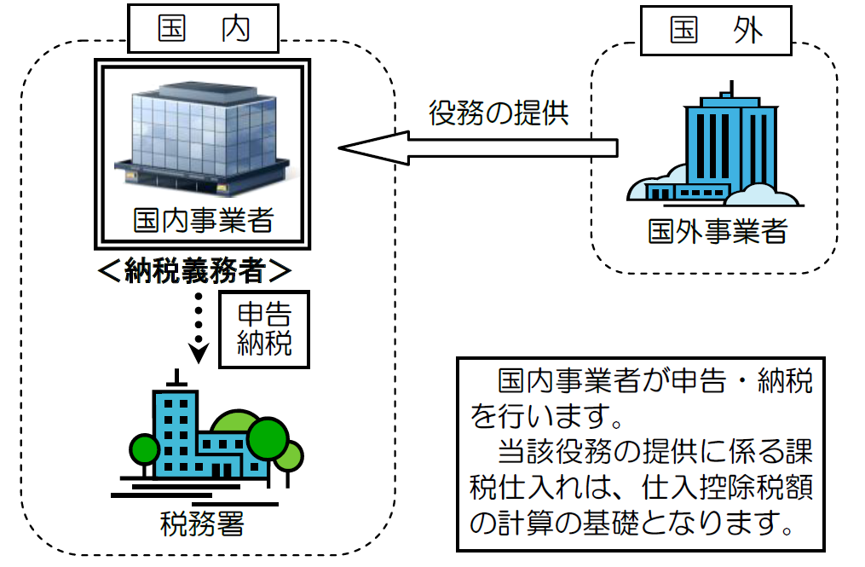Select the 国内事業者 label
[203, 221]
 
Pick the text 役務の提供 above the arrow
[499, 113]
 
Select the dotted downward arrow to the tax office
[199, 328]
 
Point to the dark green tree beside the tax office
[268, 436]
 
